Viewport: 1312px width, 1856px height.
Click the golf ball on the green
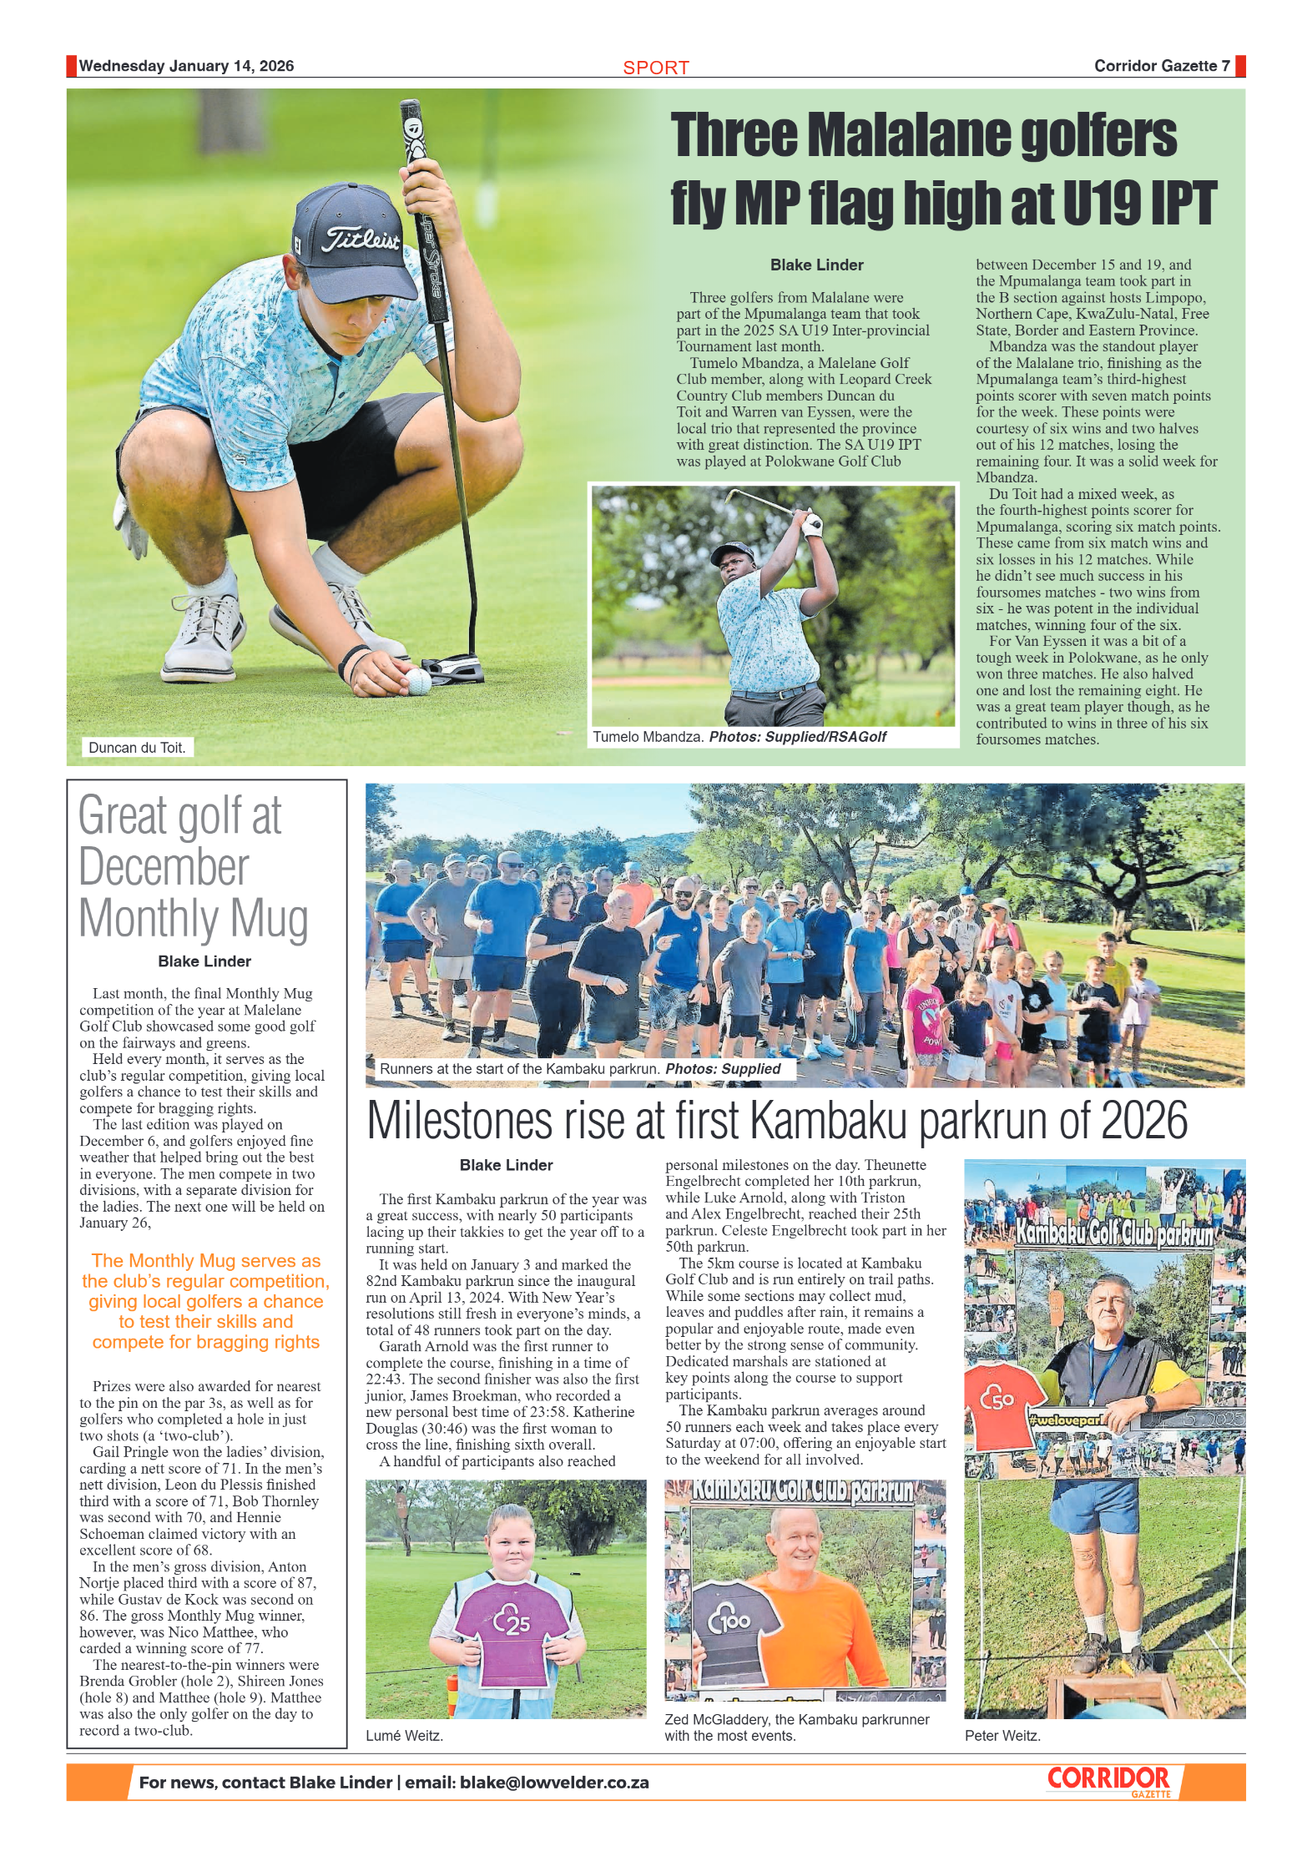(x=417, y=681)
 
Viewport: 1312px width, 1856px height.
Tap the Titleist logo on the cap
(x=361, y=240)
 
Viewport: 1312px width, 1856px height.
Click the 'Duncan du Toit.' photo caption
(x=137, y=748)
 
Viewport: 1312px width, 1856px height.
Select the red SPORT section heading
(x=656, y=68)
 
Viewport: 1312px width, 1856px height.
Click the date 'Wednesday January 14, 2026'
(x=186, y=66)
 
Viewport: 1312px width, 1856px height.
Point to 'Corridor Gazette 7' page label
(x=1161, y=66)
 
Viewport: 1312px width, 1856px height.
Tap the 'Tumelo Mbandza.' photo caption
(x=648, y=737)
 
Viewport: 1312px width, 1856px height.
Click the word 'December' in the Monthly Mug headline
(x=164, y=867)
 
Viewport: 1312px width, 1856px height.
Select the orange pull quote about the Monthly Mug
(x=205, y=1301)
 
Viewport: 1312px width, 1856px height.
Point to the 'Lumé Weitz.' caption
(x=404, y=1736)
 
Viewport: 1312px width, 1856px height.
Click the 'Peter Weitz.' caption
(x=1002, y=1736)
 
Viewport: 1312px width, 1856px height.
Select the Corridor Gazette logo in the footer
(x=1109, y=1782)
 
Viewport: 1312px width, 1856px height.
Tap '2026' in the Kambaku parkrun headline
(x=1143, y=1121)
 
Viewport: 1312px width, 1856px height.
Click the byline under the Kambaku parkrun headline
(x=506, y=1165)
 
